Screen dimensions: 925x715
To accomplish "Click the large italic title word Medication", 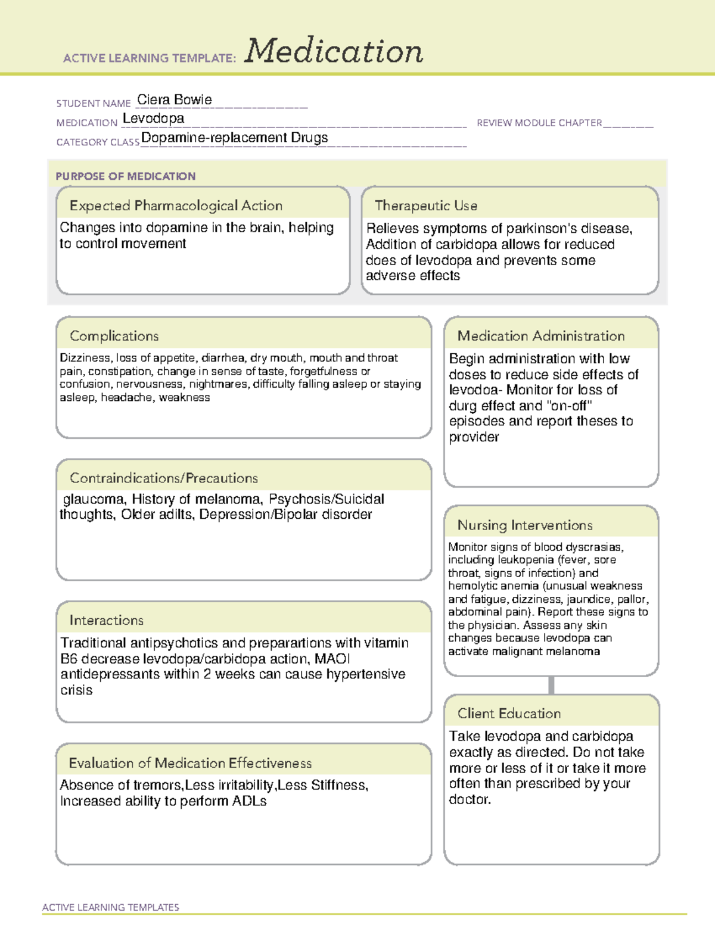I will tap(334, 51).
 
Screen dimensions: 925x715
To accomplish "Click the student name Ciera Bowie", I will tap(174, 100).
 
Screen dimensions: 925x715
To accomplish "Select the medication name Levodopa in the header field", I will tap(153, 119).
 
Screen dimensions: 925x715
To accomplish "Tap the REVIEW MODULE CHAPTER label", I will tap(539, 123).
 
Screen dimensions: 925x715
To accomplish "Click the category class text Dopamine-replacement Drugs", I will tap(234, 138).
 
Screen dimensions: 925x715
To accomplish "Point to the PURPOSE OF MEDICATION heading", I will tap(125, 176).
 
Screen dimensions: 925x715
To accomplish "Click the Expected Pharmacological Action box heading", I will tap(176, 205).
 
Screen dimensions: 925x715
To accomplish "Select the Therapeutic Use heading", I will tap(425, 205).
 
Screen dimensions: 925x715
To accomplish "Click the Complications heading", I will tap(114, 336).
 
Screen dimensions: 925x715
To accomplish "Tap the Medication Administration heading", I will tap(540, 336).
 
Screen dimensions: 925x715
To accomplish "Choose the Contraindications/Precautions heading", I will tap(163, 478).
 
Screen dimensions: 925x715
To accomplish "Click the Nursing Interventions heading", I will tap(524, 525).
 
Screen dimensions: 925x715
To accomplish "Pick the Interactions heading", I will tap(106, 620).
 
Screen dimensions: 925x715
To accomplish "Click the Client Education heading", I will tap(509, 714).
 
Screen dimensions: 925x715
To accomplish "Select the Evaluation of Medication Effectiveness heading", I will tap(190, 763).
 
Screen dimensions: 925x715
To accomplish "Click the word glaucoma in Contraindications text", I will tap(93, 499).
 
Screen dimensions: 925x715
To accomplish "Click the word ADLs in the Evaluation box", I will tap(250, 801).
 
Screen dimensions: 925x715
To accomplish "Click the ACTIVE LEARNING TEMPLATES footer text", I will tap(110, 907).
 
